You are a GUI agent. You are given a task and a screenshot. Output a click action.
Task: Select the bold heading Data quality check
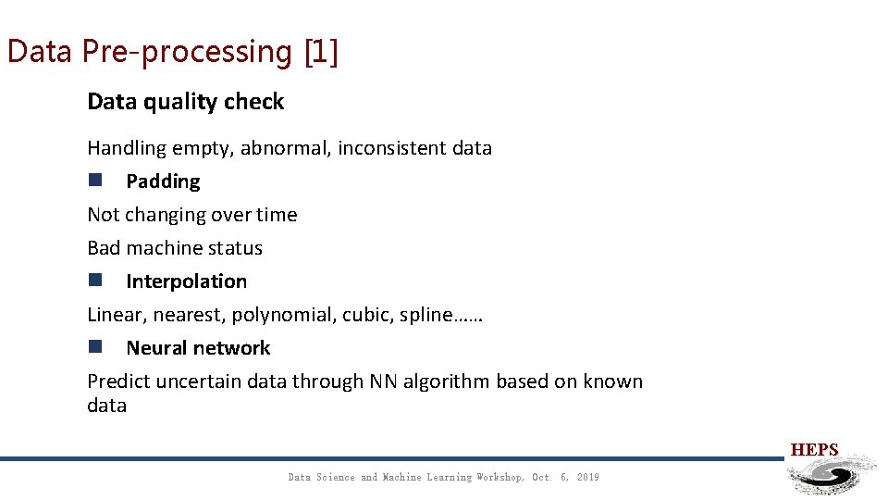tap(185, 102)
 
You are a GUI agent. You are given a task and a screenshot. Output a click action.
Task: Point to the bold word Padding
tap(163, 181)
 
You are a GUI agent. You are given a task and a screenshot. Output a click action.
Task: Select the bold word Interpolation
tap(186, 281)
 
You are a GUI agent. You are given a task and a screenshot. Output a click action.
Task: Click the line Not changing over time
tap(191, 215)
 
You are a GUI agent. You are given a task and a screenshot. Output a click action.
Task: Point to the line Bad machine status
tap(174, 248)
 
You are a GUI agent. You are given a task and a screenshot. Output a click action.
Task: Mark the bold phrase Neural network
tap(198, 348)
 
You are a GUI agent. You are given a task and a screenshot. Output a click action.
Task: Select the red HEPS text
tap(814, 451)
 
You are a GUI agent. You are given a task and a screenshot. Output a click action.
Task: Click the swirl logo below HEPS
tap(830, 475)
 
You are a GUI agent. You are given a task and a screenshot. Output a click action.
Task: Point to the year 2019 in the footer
tap(587, 478)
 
